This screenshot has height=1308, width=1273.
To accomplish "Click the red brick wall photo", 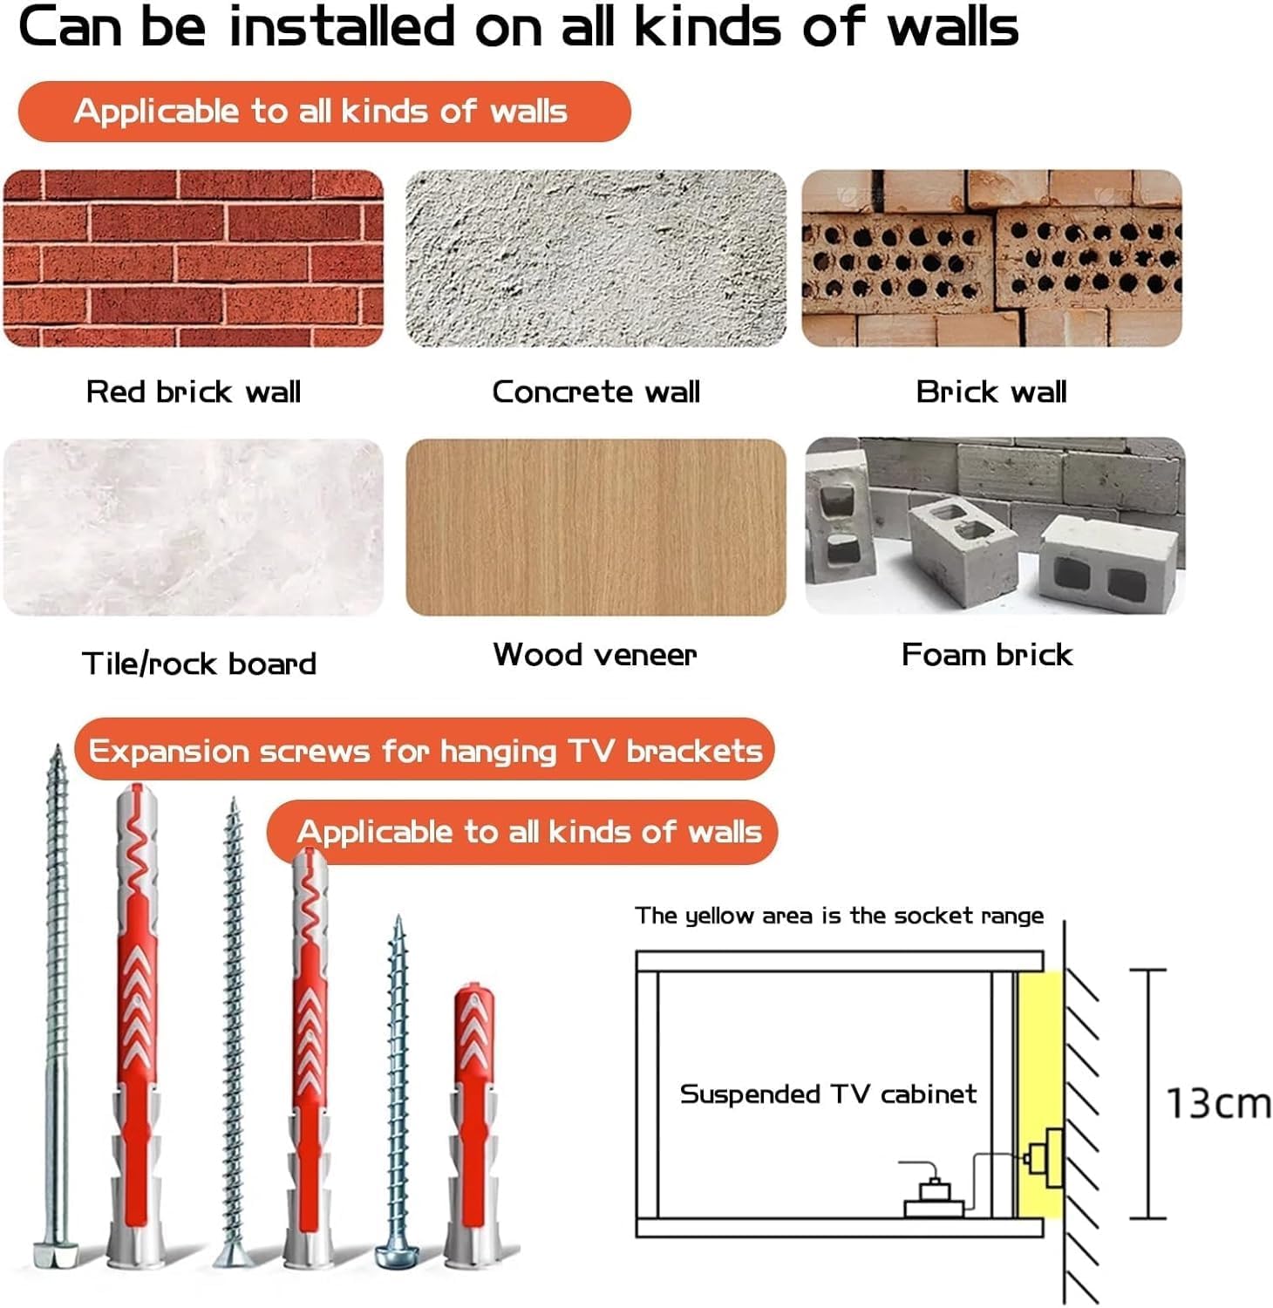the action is tap(193, 258).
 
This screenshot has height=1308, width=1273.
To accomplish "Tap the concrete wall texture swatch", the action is tap(596, 258).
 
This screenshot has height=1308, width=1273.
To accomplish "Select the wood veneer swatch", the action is tap(596, 528).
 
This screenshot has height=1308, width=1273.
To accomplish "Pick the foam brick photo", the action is tap(995, 526).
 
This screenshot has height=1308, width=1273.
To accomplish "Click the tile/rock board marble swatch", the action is tap(193, 528).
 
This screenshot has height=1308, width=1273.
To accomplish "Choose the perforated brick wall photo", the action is tap(992, 258).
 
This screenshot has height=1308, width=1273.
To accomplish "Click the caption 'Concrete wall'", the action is tap(596, 392).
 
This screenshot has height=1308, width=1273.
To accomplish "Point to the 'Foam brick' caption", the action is tap(987, 654).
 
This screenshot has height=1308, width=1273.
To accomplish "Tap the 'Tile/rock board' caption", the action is tap(199, 664).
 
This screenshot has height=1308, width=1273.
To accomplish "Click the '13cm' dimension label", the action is tap(1218, 1103).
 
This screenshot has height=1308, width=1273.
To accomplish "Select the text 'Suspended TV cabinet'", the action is tap(828, 1093).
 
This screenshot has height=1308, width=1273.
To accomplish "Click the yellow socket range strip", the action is tap(1039, 1094).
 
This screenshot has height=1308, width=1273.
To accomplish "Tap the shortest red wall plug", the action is tap(473, 1125).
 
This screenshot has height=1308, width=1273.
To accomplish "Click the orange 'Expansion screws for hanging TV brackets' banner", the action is tap(425, 749).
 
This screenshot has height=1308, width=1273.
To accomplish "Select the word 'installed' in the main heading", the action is tap(341, 26).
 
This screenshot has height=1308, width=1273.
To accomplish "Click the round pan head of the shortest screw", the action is tap(397, 1256).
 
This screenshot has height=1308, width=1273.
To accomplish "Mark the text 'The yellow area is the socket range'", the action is tap(839, 916).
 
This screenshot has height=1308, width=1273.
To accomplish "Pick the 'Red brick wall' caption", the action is tap(194, 392).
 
